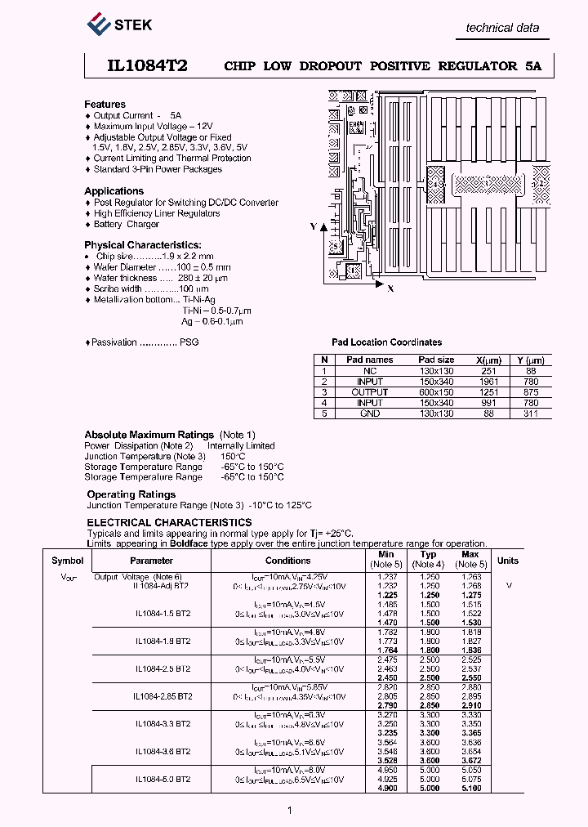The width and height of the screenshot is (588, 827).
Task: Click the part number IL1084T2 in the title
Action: click(x=136, y=66)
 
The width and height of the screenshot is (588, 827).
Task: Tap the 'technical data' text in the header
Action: click(x=501, y=28)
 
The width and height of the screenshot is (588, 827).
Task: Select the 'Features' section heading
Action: click(x=105, y=105)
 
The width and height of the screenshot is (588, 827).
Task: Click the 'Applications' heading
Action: click(x=114, y=191)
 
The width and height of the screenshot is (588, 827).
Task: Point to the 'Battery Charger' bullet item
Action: click(x=126, y=224)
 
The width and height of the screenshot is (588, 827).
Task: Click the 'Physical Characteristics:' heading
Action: click(x=143, y=245)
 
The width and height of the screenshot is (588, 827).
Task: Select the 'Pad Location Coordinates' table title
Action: click(x=386, y=342)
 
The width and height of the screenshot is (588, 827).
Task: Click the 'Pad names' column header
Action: click(x=369, y=360)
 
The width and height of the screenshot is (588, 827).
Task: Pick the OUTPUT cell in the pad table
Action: click(x=369, y=392)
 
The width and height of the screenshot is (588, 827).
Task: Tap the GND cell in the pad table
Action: click(x=369, y=413)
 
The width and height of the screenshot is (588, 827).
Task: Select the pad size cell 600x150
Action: click(x=436, y=392)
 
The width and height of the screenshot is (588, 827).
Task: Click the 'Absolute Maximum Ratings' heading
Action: click(x=149, y=435)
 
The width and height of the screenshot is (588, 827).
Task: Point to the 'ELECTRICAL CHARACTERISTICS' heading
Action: click(x=169, y=522)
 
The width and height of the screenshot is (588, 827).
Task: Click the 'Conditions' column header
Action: click(x=287, y=561)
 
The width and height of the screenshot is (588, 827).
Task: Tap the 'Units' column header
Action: click(x=508, y=561)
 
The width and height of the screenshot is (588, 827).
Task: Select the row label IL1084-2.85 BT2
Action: click(x=163, y=696)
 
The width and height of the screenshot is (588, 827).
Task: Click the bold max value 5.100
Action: click(x=471, y=788)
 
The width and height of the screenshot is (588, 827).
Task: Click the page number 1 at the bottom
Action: click(x=289, y=810)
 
